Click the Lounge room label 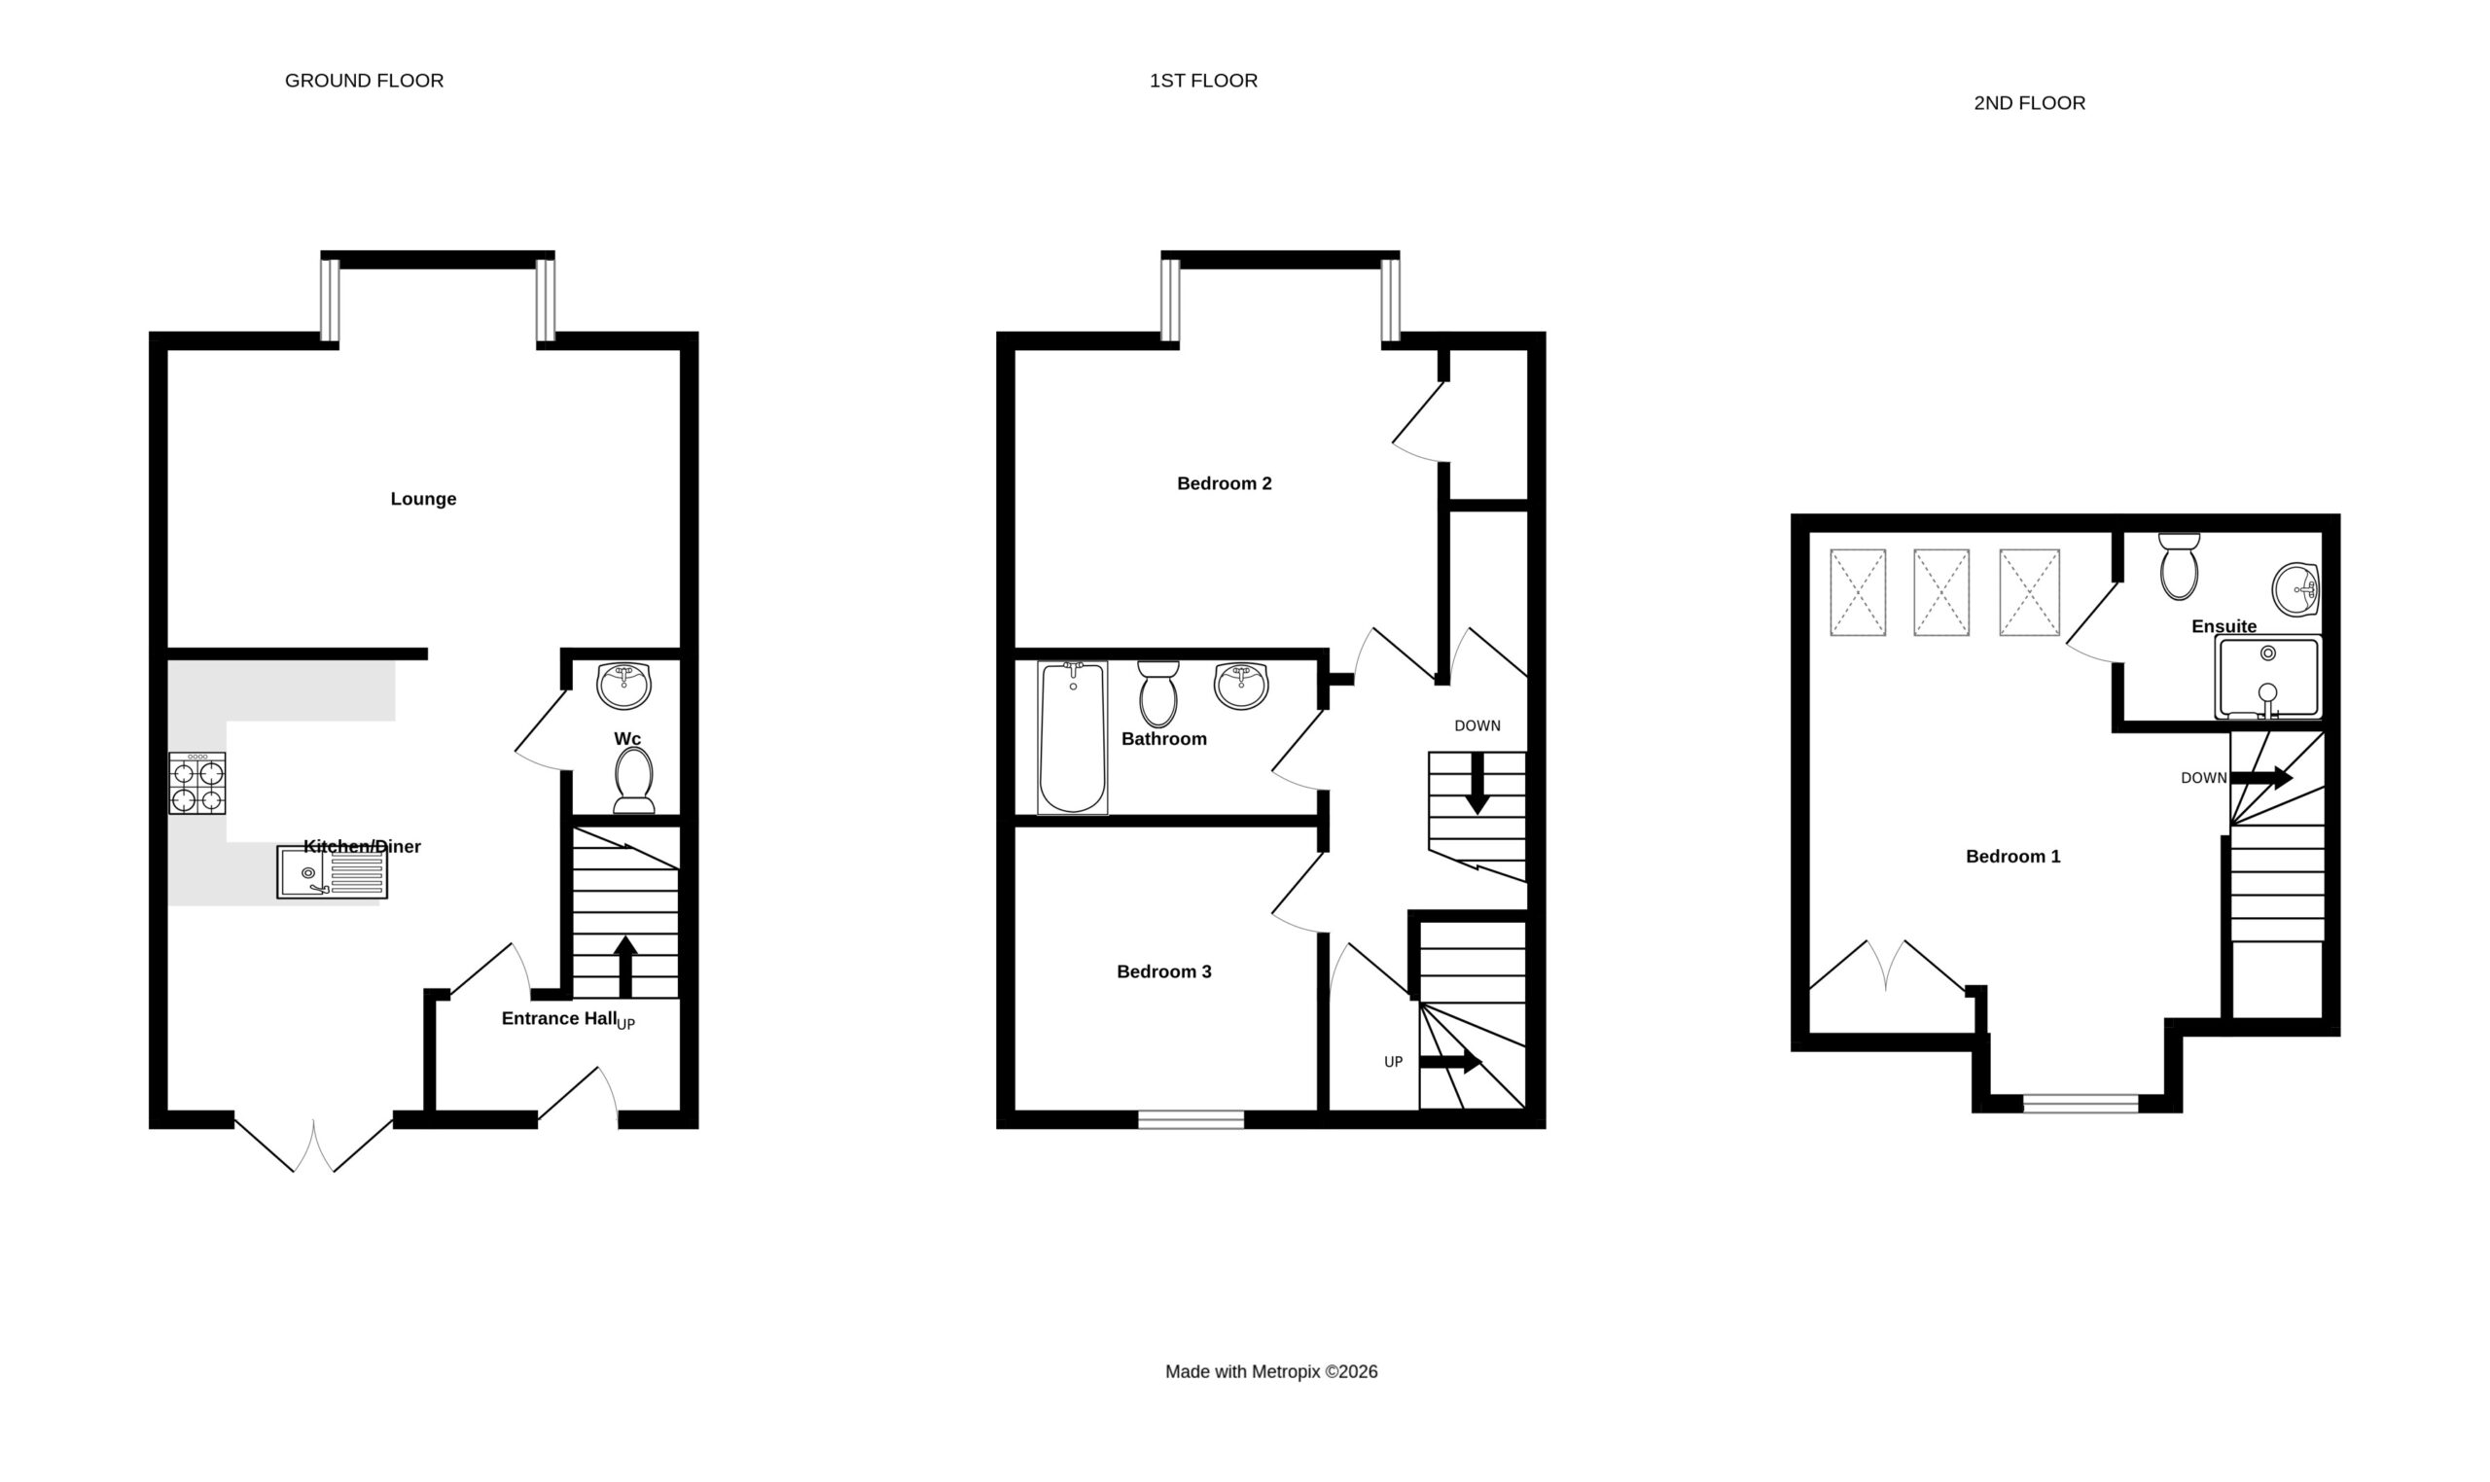(x=422, y=498)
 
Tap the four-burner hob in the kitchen (x=196, y=783)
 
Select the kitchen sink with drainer (x=332, y=873)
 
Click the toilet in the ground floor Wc (x=634, y=780)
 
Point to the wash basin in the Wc (x=623, y=685)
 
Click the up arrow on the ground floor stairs (x=625, y=966)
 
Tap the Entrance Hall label (x=558, y=1018)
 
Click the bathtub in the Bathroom (x=1073, y=737)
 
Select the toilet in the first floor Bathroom (x=1157, y=693)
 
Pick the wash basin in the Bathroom (x=1241, y=687)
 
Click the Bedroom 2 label (x=1224, y=483)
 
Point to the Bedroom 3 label (x=1163, y=971)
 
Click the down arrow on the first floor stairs (x=1476, y=783)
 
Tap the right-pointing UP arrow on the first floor (x=1450, y=1062)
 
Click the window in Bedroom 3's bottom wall (x=1191, y=1119)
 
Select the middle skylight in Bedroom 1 (x=1940, y=592)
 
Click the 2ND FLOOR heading (x=2029, y=103)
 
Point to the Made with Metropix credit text (x=1270, y=1372)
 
